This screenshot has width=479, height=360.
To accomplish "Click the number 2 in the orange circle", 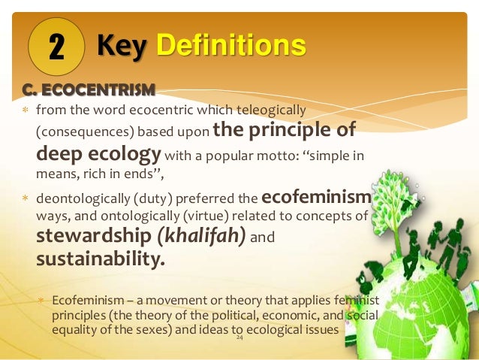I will coord(56,47).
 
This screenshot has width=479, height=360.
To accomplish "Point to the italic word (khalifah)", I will coord(200,237).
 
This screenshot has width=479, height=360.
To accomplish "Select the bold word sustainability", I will coord(100,260).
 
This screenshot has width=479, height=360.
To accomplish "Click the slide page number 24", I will coord(239,339).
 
